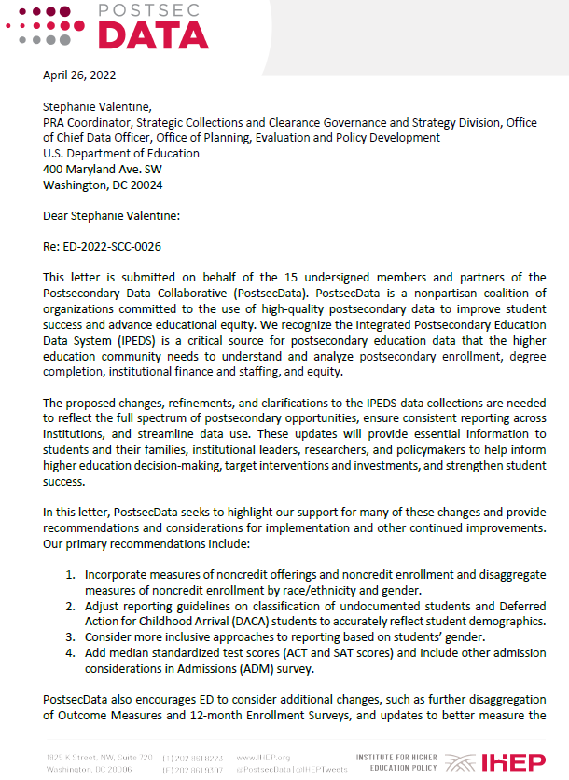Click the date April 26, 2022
click(79, 75)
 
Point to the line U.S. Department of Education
click(121, 154)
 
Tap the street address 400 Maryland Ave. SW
click(103, 170)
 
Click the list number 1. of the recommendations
click(70, 575)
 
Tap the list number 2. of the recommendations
click(70, 606)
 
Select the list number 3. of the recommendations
click(70, 636)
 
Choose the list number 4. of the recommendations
click(70, 652)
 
